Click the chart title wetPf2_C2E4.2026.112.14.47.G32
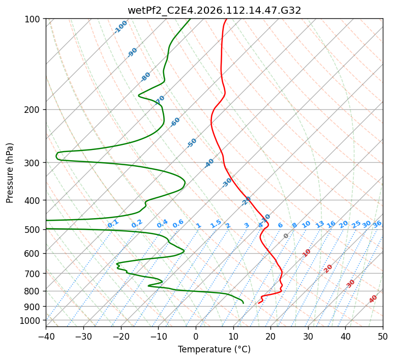point(214,10)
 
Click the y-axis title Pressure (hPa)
point(10,173)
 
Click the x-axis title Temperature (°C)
point(214,349)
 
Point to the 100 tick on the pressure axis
point(34,19)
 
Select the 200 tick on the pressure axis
point(34,109)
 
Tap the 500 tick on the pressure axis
point(34,229)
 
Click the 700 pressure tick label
point(34,274)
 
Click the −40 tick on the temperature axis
point(46,336)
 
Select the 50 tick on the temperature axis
point(383,336)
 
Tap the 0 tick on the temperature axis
point(196,336)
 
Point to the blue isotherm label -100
point(120,27)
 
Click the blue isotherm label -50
point(192,143)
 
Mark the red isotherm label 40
point(373,299)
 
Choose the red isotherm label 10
point(307,253)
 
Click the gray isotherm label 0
point(286,236)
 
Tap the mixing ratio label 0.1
point(113,223)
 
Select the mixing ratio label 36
point(377,224)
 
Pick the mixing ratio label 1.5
point(216,223)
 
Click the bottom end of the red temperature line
point(259,303)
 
